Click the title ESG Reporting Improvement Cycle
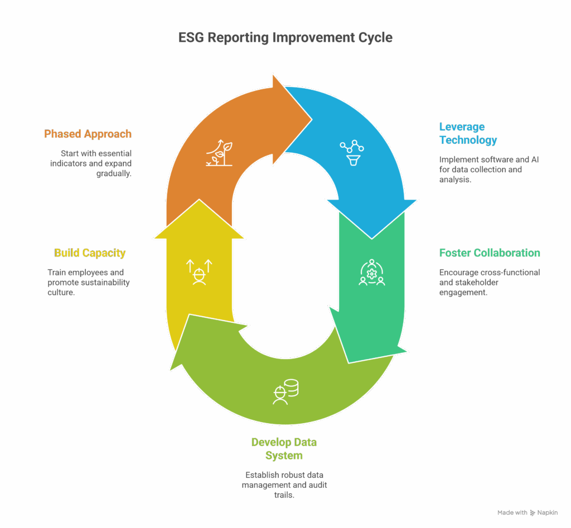pos(285,38)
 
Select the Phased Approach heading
pos(88,134)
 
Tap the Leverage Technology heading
pos(468,133)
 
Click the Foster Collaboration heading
pos(490,253)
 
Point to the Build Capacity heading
pos(90,253)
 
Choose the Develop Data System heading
pos(284,449)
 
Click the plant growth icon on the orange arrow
pos(219,152)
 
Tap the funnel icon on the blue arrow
pos(352,153)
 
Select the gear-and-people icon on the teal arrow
pos(371,273)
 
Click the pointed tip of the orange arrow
pos(310,118)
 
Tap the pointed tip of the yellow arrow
pos(199,201)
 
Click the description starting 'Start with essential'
pos(96,163)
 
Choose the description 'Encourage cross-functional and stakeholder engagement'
pos(489,282)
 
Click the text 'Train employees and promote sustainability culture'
pos(89,282)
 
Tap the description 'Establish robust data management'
pos(284,485)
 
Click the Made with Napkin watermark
pos(527,512)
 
